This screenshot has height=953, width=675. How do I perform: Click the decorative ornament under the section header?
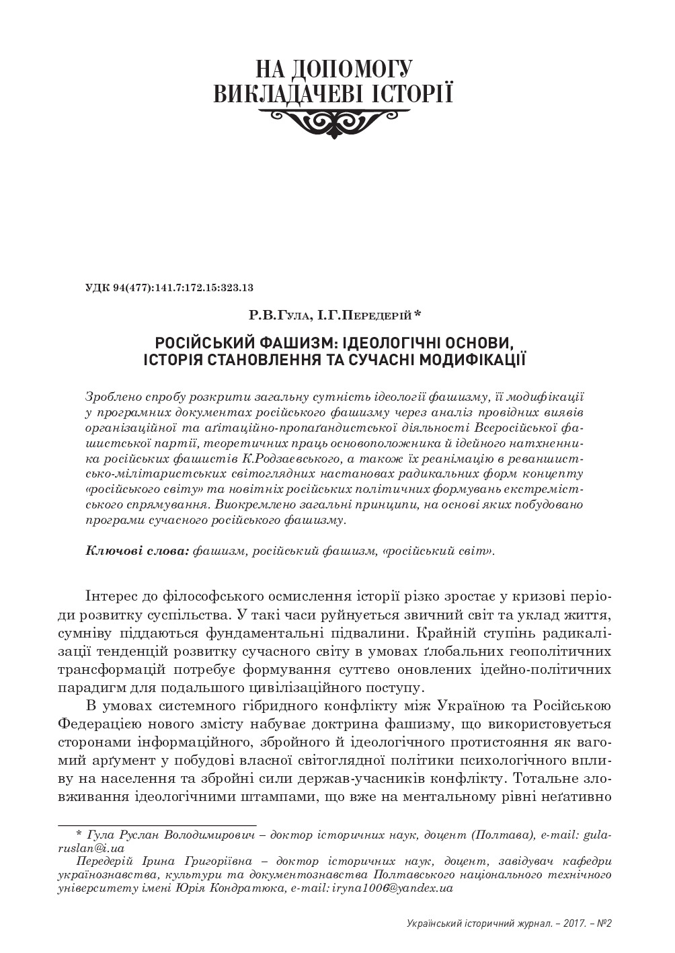(x=333, y=120)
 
